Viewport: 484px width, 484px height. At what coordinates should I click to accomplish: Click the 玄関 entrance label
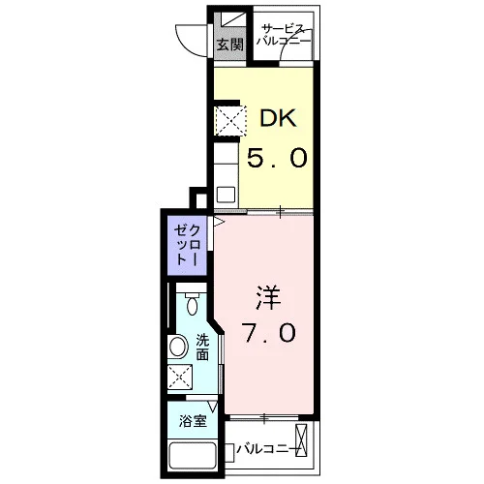click(229, 45)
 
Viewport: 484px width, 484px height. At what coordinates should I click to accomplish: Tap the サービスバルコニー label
click(284, 35)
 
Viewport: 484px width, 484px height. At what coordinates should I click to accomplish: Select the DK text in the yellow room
click(278, 118)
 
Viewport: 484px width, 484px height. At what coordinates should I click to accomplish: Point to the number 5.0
click(277, 158)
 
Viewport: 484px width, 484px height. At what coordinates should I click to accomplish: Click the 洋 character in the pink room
click(268, 298)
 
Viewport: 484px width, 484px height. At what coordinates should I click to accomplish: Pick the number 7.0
click(270, 332)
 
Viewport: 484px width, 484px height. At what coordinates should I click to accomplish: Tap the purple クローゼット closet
click(187, 245)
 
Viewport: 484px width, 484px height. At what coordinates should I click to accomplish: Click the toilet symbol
click(193, 303)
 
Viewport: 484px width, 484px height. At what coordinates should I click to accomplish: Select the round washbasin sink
click(178, 347)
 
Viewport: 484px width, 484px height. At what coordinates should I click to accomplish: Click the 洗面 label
click(202, 348)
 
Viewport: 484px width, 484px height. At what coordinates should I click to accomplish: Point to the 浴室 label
click(193, 421)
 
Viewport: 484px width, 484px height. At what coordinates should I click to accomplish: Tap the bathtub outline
click(193, 458)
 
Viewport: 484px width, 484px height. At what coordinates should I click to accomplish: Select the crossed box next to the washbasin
click(180, 378)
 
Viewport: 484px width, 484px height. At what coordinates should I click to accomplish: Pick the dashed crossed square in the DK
click(231, 120)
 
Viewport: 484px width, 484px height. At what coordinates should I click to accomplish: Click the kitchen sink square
click(226, 195)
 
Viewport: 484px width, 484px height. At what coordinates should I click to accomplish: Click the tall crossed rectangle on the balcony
click(302, 440)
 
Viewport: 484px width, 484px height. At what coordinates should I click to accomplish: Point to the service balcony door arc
click(292, 42)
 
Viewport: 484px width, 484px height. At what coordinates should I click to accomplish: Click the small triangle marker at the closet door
click(219, 222)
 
